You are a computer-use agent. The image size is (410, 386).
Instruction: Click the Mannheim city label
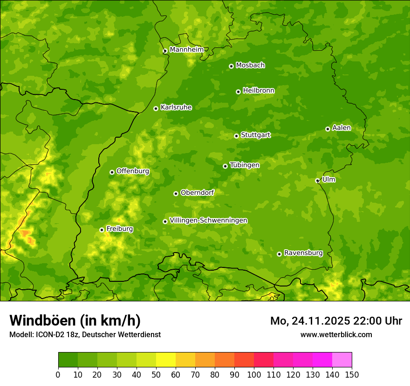pos(186,50)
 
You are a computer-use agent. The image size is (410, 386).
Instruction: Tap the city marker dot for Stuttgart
pos(236,136)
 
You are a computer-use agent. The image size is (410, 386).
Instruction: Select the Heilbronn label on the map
pos(259,91)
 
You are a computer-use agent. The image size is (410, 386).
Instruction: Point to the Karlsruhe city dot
pos(156,108)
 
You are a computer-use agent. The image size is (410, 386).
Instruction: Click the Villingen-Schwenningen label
pos(208,220)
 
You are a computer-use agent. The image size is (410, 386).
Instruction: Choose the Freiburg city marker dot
pos(102,230)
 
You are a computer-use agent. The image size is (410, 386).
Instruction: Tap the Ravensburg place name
pos(303,253)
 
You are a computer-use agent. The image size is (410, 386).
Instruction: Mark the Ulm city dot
pos(317,180)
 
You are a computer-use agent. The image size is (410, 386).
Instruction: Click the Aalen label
pos(342,128)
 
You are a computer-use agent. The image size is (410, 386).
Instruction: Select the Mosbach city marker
pos(231,66)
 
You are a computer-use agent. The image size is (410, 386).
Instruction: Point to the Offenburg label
pos(133,171)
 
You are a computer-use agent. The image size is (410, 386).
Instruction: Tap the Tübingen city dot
pos(225,166)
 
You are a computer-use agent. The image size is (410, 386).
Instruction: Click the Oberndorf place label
pos(197,193)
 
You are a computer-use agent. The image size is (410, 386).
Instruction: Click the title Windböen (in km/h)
pos(75,320)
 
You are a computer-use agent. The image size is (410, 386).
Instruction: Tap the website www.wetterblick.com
pos(336,334)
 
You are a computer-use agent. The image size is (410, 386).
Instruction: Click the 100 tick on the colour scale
pos(254,374)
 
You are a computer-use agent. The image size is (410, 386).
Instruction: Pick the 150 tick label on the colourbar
pos(352,374)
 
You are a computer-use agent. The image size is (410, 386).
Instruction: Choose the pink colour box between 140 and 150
pos(342,360)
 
